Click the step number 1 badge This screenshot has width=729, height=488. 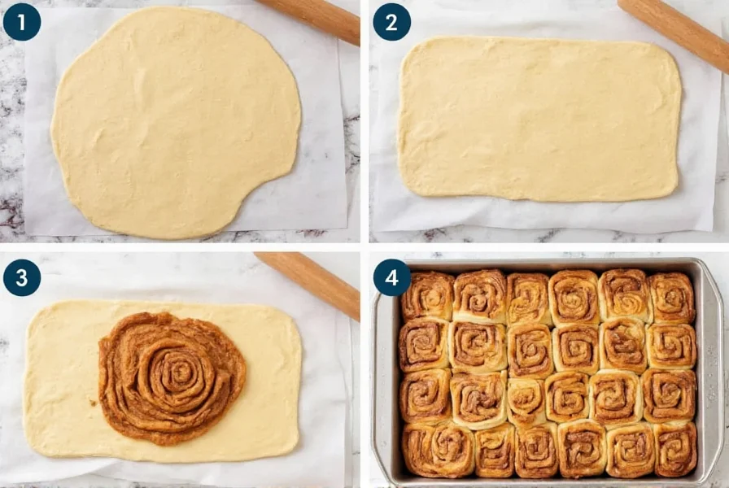[x=21, y=22]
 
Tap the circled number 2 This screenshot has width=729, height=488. [x=391, y=22]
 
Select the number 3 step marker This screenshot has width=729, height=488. [x=21, y=277]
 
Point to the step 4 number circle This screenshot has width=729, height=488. [x=391, y=277]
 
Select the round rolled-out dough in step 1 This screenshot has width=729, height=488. [x=175, y=122]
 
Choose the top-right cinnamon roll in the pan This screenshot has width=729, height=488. [x=671, y=298]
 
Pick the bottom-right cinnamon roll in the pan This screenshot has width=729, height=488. [x=674, y=449]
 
